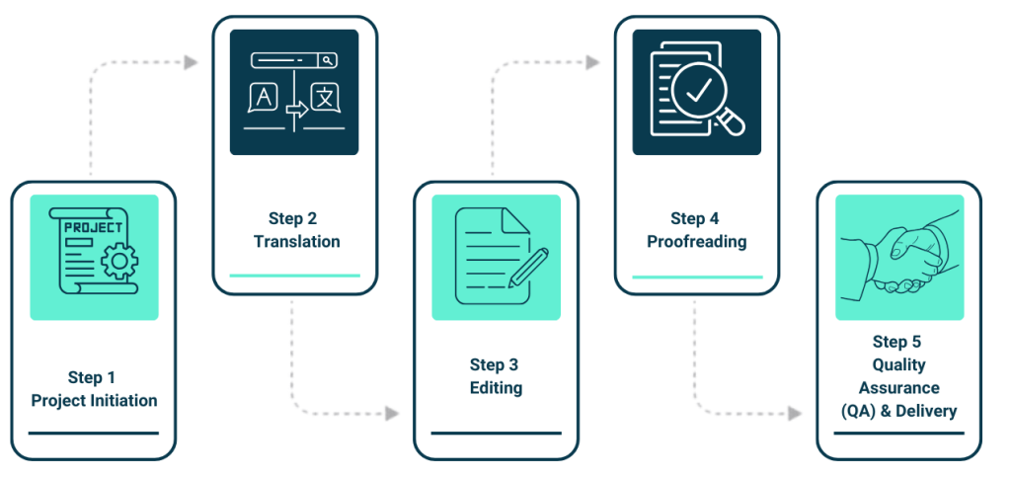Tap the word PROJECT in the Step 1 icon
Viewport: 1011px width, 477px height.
[x=94, y=227]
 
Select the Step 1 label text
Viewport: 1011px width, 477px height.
[x=92, y=377]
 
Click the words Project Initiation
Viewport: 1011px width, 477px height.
[x=94, y=400]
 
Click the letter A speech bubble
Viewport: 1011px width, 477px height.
[x=263, y=98]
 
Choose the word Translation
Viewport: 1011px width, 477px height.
[x=296, y=241]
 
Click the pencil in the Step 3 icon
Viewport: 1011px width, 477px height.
[x=529, y=267]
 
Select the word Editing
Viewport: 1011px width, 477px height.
[x=496, y=387]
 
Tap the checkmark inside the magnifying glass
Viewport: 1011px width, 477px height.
[x=699, y=92]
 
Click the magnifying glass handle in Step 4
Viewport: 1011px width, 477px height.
[x=732, y=123]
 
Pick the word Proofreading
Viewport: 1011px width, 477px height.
[x=697, y=241]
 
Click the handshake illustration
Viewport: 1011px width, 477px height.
[x=897, y=257]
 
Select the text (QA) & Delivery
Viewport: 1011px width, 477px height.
[x=897, y=411]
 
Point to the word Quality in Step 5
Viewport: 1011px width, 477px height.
[x=897, y=365]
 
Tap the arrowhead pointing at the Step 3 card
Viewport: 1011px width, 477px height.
[x=392, y=413]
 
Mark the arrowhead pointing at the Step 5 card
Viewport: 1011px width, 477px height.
[x=795, y=413]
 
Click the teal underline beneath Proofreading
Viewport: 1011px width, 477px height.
[x=697, y=277]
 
